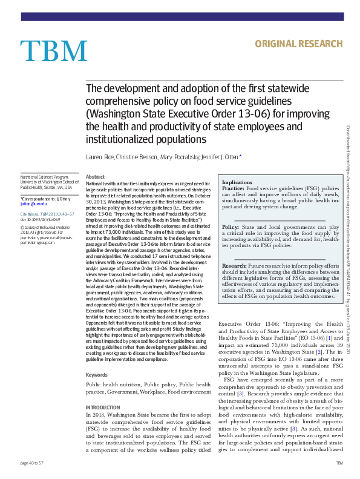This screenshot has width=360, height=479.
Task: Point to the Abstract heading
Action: pos(96,176)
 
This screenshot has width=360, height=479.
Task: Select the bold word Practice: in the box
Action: pos(234,189)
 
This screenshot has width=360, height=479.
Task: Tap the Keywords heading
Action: pos(97,375)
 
